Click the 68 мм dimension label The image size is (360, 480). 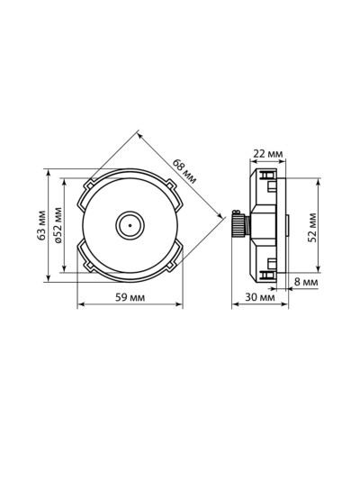point(184,171)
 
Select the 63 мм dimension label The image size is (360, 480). point(41,225)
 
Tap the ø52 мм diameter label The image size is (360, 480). point(58,225)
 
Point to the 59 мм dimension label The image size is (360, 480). point(130,297)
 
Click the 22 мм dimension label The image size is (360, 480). point(267,154)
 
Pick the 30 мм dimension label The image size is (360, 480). point(260,297)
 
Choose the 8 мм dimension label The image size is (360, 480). point(306,282)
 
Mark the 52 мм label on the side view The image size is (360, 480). point(312,227)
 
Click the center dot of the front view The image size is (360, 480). point(130,225)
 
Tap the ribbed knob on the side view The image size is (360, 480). point(238,225)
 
